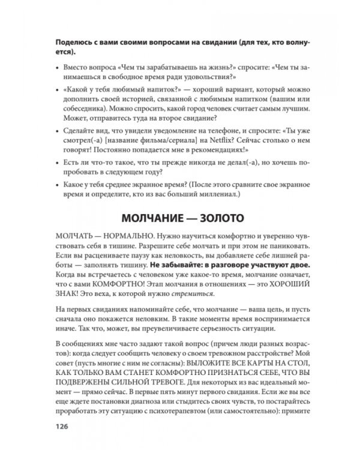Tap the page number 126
62,427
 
